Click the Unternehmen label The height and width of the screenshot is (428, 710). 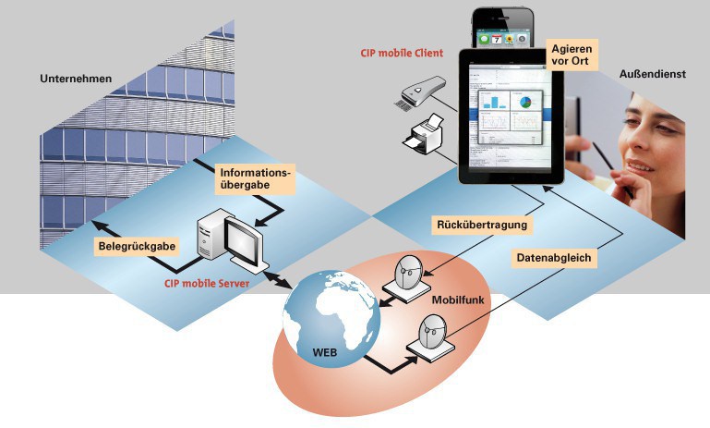point(76,79)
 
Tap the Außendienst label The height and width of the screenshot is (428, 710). point(652,74)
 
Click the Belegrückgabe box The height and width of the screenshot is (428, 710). point(136,247)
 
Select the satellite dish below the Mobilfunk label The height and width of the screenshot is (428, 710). point(430,334)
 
